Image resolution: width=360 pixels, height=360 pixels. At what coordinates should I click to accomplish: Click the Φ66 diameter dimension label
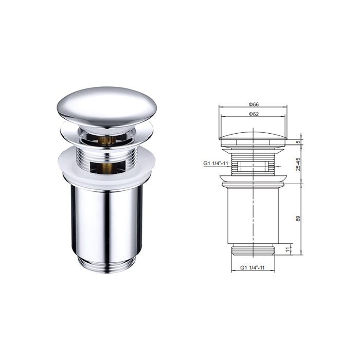pyautogui.click(x=254, y=104)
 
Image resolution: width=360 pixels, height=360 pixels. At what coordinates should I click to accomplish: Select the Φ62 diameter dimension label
pyautogui.click(x=254, y=114)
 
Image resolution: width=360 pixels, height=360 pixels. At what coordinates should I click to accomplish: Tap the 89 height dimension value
pyautogui.click(x=298, y=219)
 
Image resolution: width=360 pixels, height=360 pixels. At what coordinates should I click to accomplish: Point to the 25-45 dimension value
pyautogui.click(x=298, y=164)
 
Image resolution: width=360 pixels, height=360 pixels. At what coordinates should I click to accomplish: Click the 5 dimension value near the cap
pyautogui.click(x=298, y=142)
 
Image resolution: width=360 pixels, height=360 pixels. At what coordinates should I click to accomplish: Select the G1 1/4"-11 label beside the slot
pyautogui.click(x=215, y=163)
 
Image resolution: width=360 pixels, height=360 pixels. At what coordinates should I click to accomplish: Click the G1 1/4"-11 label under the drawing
pyautogui.click(x=253, y=267)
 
